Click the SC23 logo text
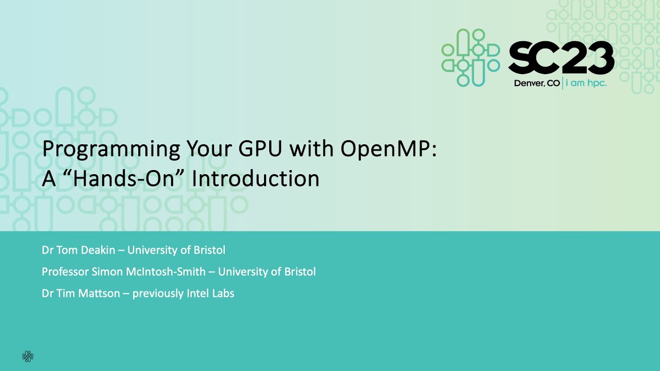(x=561, y=58)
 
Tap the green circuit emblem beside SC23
(x=470, y=58)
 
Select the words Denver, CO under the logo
(x=537, y=83)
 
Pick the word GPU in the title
(x=261, y=149)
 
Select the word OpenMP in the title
(x=388, y=149)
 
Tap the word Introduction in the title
(x=256, y=178)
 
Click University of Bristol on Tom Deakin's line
(x=176, y=250)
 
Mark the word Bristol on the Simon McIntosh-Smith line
(x=299, y=272)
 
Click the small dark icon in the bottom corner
(x=28, y=356)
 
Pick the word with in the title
(x=312, y=149)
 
